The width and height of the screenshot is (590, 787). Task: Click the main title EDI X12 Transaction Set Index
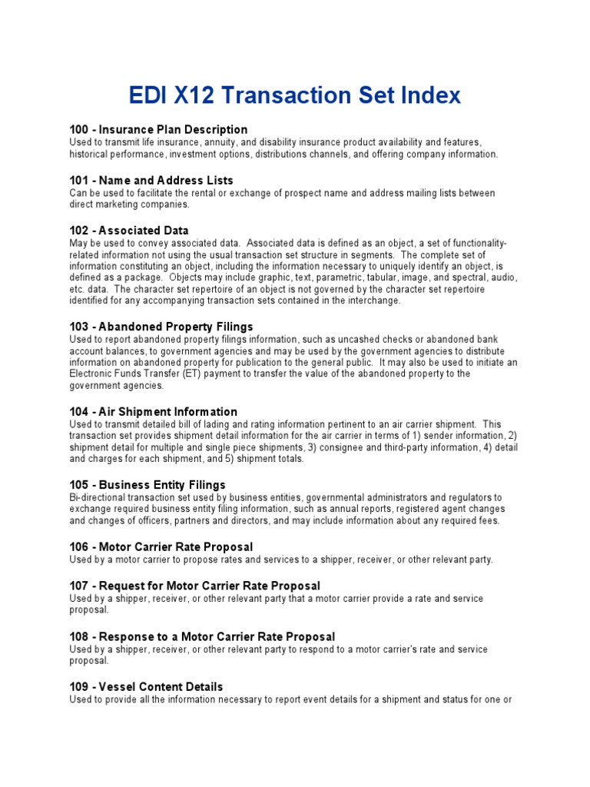294,95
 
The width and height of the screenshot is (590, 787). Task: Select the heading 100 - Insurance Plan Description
158,129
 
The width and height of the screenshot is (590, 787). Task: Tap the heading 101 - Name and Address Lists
151,180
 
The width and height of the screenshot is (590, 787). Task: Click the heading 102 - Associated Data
129,231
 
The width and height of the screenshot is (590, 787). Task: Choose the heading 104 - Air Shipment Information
154,411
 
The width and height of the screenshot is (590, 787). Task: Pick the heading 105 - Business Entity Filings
147,485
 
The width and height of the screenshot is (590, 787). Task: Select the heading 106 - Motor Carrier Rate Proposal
161,546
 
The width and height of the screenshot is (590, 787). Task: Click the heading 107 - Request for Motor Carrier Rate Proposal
195,586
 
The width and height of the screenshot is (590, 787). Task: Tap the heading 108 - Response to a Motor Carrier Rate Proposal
202,636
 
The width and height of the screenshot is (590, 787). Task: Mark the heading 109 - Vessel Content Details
146,686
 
